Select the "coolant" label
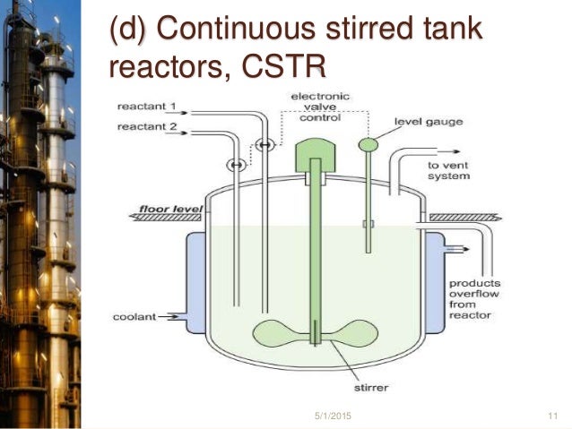[x=134, y=316]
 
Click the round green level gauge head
[x=368, y=143]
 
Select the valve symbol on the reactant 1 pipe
[x=264, y=144]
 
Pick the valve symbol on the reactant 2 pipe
[x=235, y=164]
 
